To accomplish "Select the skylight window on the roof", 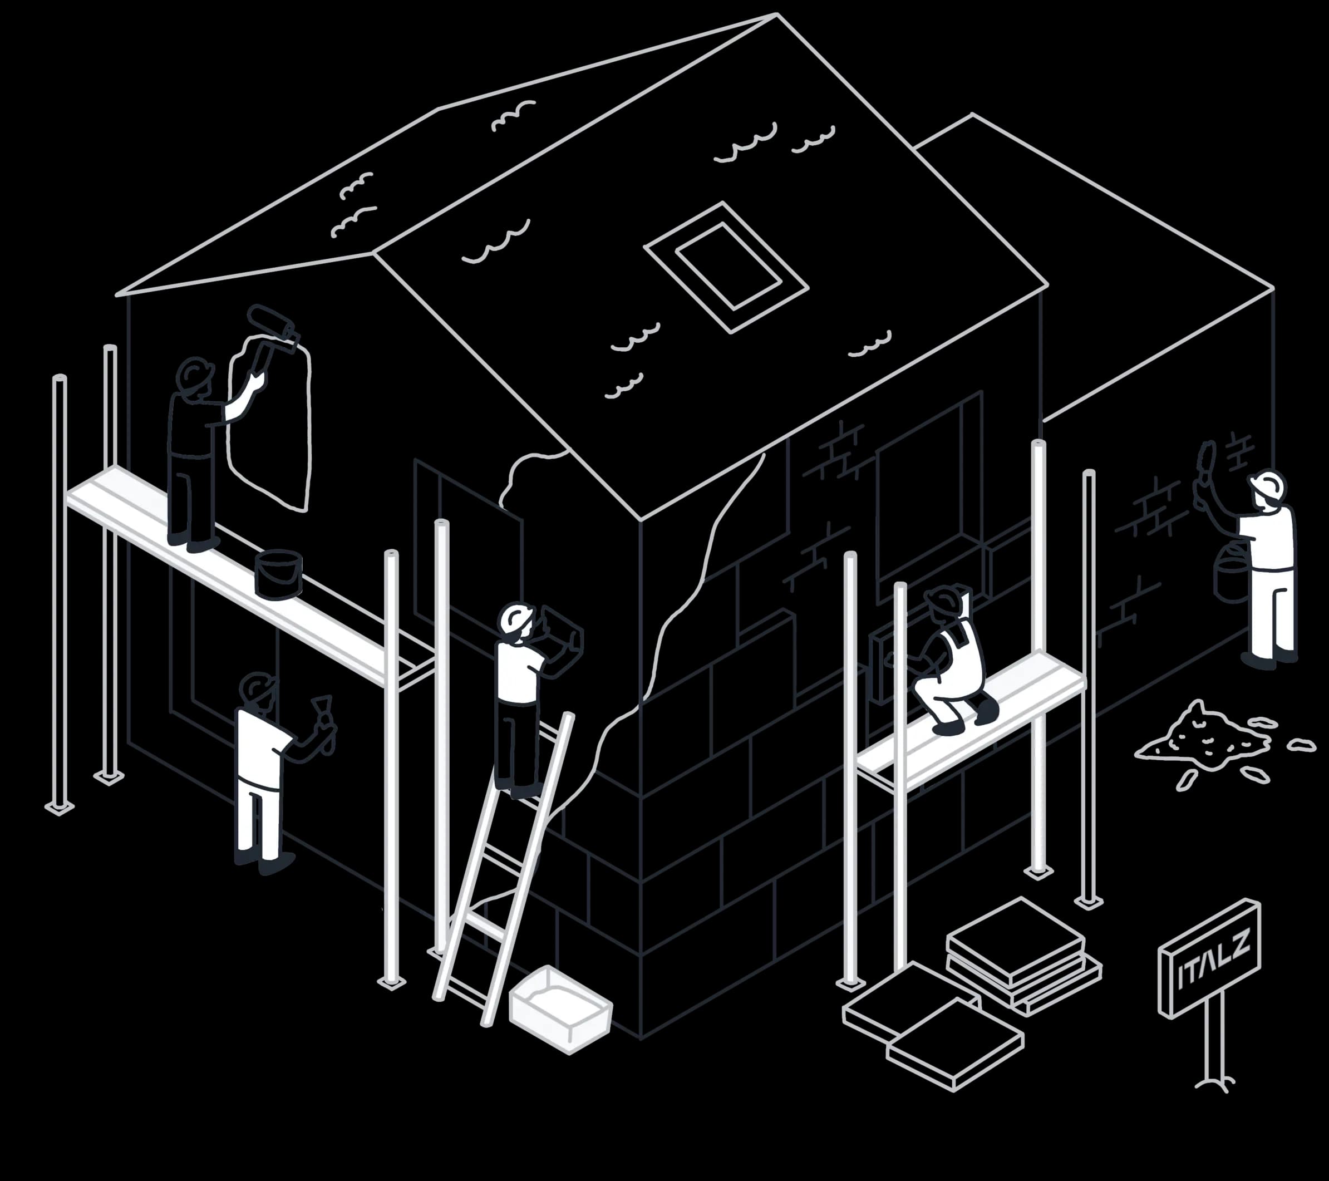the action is pyautogui.click(x=726, y=267).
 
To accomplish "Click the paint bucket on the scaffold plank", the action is pyautogui.click(x=278, y=574).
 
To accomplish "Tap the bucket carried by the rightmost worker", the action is pyautogui.click(x=1228, y=572).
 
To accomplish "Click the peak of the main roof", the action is pyautogui.click(x=776, y=14).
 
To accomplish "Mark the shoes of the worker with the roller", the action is pyautogui.click(x=193, y=543).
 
